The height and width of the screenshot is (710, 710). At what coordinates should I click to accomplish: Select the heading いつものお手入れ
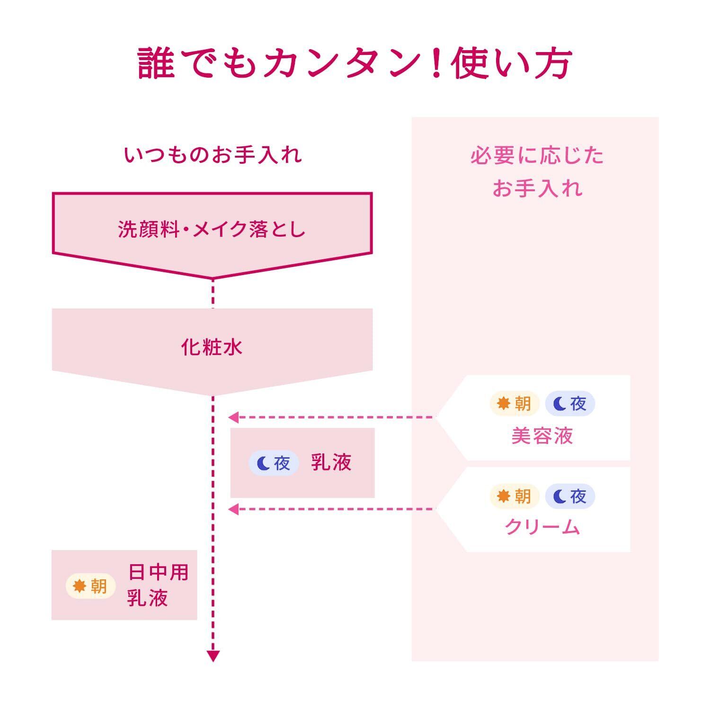pyautogui.click(x=213, y=155)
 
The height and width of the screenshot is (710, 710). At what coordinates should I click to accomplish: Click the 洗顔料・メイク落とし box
pyautogui.click(x=212, y=230)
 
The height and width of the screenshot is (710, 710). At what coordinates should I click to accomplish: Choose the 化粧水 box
pyautogui.click(x=212, y=347)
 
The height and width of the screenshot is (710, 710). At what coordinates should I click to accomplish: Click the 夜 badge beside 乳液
pyautogui.click(x=274, y=463)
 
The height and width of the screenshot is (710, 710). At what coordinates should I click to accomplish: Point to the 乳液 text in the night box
pyautogui.click(x=331, y=462)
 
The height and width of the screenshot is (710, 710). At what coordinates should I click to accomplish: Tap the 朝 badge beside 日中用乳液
pyautogui.click(x=90, y=586)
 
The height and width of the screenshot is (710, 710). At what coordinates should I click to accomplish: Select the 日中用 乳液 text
pyautogui.click(x=157, y=585)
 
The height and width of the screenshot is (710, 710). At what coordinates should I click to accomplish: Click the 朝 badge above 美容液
pyautogui.click(x=514, y=404)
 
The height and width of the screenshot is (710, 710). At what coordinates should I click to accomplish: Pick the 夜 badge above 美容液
pyautogui.click(x=570, y=404)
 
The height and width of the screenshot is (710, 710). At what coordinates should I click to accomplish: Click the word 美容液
pyautogui.click(x=542, y=436)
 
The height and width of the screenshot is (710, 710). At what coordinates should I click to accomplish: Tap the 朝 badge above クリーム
pyautogui.click(x=514, y=496)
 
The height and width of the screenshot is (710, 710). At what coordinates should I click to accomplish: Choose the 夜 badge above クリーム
pyautogui.click(x=570, y=496)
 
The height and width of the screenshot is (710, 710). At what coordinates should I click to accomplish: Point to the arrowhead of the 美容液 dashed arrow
pyautogui.click(x=233, y=417)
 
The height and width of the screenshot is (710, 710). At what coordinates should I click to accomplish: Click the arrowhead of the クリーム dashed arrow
pyautogui.click(x=233, y=509)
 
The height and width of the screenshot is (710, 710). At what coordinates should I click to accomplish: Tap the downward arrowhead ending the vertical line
pyautogui.click(x=213, y=656)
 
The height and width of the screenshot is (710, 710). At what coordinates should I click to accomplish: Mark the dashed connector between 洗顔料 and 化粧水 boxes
pyautogui.click(x=213, y=294)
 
